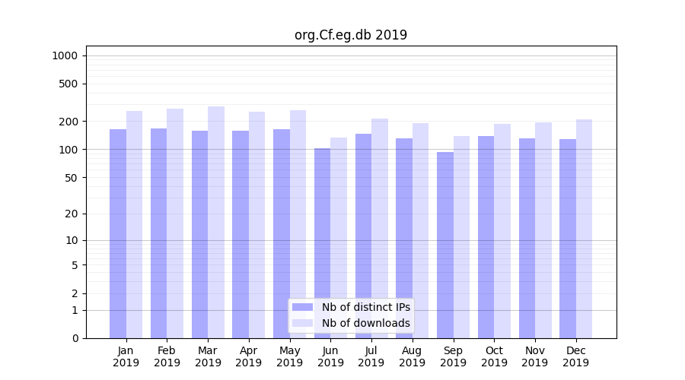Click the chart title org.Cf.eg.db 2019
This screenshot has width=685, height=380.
click(x=350, y=35)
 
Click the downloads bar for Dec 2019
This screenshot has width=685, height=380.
click(x=585, y=228)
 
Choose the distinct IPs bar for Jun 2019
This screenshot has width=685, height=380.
click(x=322, y=243)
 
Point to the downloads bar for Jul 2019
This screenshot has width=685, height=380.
click(x=380, y=228)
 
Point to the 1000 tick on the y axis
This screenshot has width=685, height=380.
click(x=65, y=55)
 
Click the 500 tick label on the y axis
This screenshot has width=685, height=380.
click(x=68, y=84)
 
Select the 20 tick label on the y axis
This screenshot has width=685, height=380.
click(x=71, y=214)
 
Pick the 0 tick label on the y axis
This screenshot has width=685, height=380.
click(x=74, y=338)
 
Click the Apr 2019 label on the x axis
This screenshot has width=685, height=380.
click(x=249, y=356)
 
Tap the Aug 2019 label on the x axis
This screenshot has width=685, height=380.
click(x=413, y=356)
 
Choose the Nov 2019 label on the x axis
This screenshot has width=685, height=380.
click(x=535, y=356)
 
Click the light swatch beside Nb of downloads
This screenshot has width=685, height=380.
click(x=302, y=323)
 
